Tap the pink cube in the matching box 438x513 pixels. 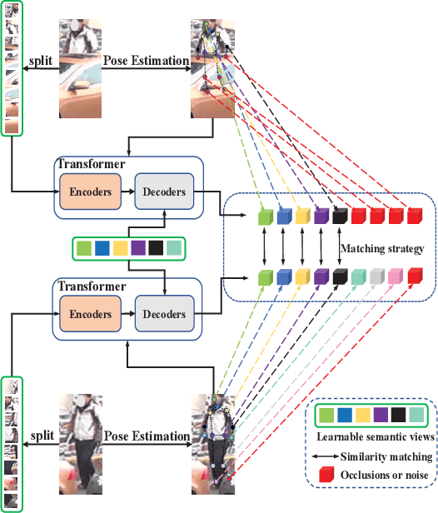[394, 276]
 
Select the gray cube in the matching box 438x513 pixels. [376, 276]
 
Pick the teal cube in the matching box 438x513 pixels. [357, 276]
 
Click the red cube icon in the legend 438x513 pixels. [326, 475]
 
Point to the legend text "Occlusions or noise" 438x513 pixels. [385, 475]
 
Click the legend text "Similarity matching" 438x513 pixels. [386, 456]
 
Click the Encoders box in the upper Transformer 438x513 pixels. [90, 192]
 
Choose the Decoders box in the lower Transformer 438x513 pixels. [164, 314]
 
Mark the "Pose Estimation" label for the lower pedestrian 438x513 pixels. [146, 436]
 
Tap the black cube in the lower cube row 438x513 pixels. [339, 276]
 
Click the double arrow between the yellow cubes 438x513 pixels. [302, 247]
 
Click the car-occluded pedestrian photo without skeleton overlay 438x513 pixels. [80, 69]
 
